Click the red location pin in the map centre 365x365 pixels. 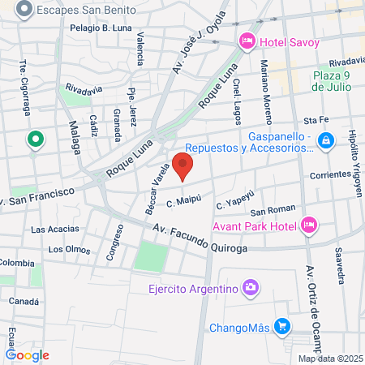[x=183, y=168]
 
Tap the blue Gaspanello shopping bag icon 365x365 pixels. [x=325, y=141]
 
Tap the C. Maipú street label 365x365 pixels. [x=182, y=198]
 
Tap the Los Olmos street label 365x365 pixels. [x=68, y=249]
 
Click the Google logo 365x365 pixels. [x=28, y=354]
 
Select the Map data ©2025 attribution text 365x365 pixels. [x=329, y=359]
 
